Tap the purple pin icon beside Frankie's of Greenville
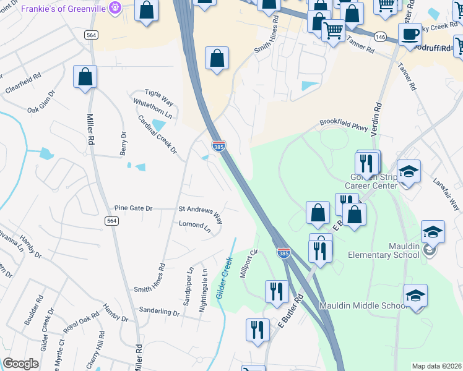tap(115, 8)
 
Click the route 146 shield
tap(381, 36)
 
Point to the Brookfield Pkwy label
tap(344, 126)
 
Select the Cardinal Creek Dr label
tap(157, 134)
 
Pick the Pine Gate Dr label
tap(133, 208)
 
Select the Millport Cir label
tap(249, 263)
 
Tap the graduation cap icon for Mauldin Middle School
tap(415, 296)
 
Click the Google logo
tap(21, 363)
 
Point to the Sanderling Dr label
tap(159, 311)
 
